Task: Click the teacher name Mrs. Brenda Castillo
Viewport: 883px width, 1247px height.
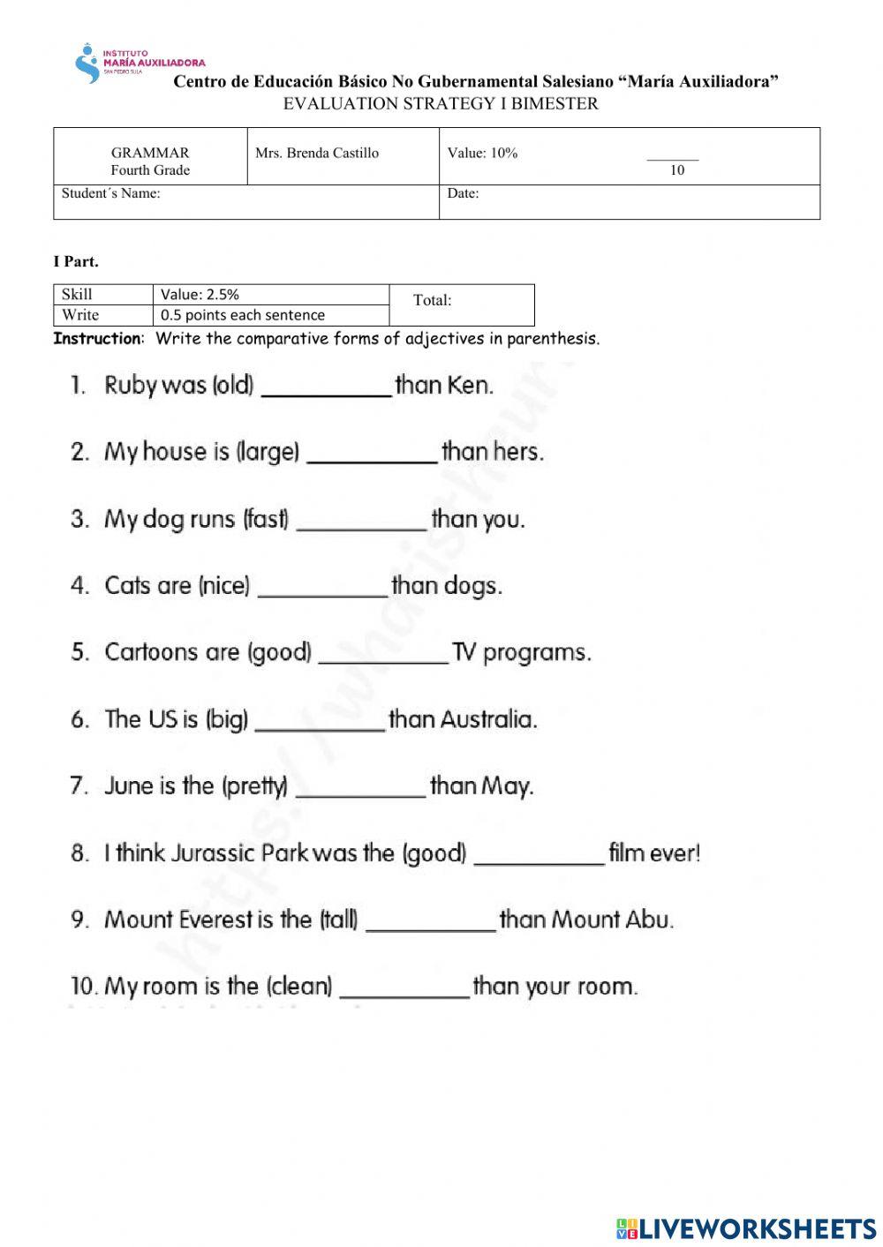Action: point(316,153)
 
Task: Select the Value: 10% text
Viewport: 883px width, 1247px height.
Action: point(482,153)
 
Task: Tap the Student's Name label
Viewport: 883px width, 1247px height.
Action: point(110,193)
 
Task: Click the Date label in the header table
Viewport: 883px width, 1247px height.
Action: point(463,193)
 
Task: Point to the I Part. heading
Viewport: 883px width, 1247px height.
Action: point(76,261)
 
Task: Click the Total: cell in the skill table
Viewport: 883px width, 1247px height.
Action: point(432,300)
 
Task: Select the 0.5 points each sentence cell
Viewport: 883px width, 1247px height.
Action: point(242,315)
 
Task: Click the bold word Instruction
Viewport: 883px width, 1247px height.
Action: point(97,338)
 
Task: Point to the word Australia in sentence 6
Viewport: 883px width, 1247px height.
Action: point(487,719)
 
